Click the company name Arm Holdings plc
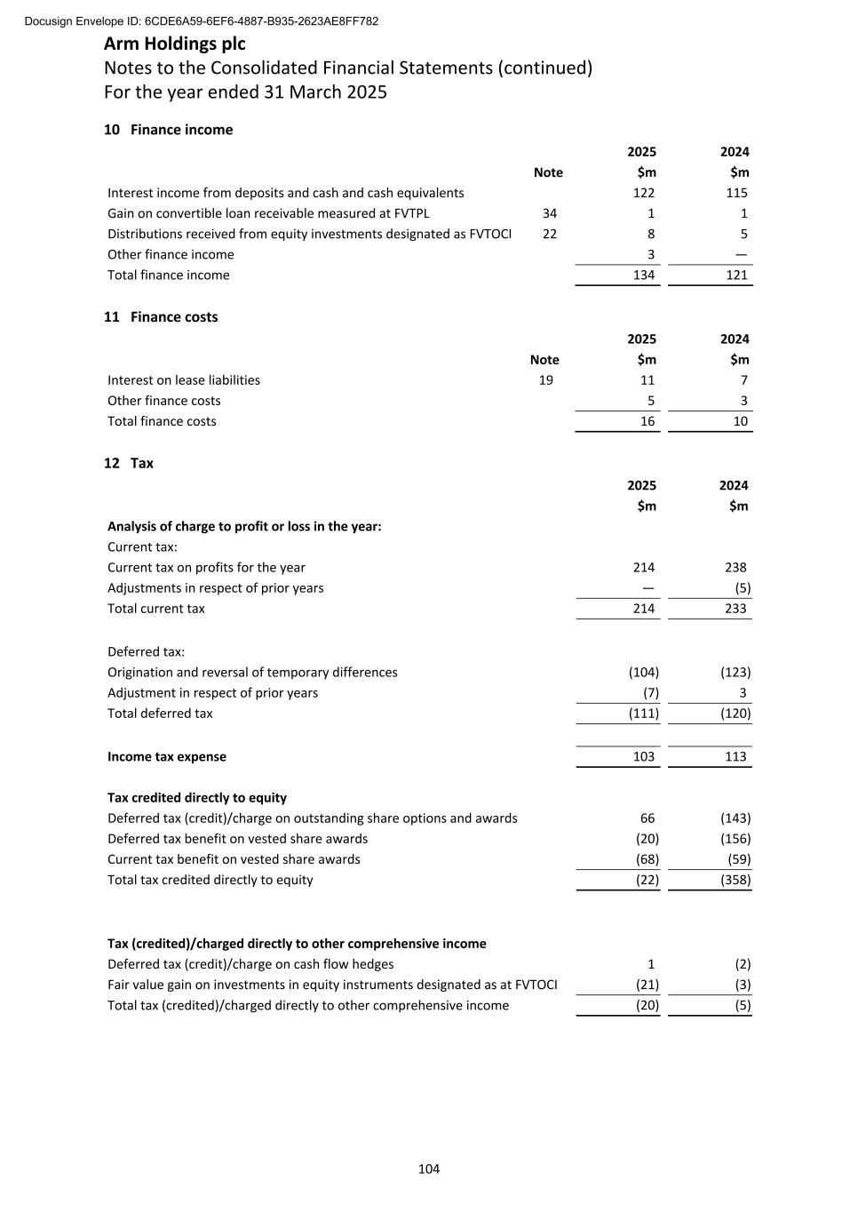(175, 44)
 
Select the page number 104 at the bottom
(429, 1169)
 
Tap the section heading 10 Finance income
(169, 130)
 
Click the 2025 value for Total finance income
(643, 275)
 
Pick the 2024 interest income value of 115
(736, 193)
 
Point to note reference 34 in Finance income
(549, 213)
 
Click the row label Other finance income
(171, 255)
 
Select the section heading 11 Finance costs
(161, 317)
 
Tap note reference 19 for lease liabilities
(545, 380)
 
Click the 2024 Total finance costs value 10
(740, 421)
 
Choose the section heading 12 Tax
(129, 463)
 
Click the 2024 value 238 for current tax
(735, 567)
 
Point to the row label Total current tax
(156, 609)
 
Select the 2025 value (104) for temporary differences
(643, 673)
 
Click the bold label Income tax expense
(167, 757)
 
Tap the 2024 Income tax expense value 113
(735, 757)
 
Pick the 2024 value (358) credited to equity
(735, 880)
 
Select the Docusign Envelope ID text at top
(202, 21)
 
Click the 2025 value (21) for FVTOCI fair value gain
(647, 985)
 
